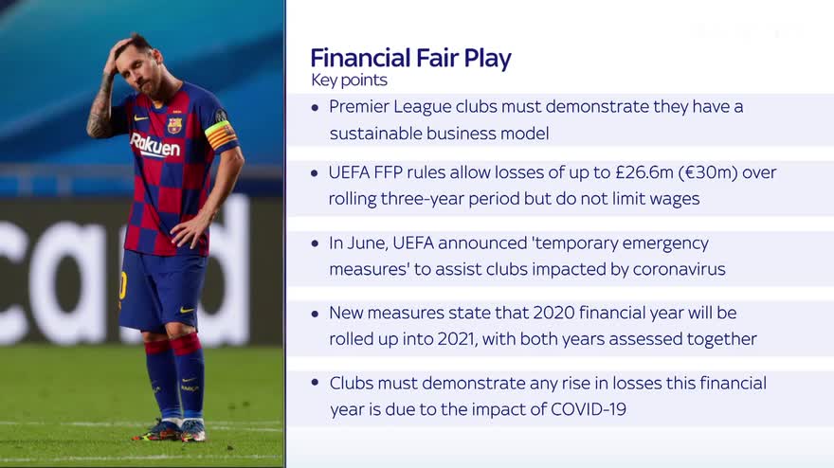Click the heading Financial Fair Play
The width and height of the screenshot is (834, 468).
point(410,58)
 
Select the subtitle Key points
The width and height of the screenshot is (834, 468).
point(349,81)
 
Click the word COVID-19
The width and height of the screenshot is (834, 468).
point(589,409)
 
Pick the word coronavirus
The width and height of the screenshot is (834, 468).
point(680,269)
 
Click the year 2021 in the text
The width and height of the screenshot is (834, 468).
point(458,339)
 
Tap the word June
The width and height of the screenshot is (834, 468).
point(369,243)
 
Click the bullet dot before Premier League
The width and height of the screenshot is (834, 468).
point(316,108)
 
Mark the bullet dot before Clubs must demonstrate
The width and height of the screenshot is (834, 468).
point(316,382)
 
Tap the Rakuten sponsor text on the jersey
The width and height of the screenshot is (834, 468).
point(155,145)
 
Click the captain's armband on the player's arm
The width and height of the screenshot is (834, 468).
point(221,135)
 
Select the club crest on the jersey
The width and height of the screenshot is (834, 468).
point(174,125)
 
